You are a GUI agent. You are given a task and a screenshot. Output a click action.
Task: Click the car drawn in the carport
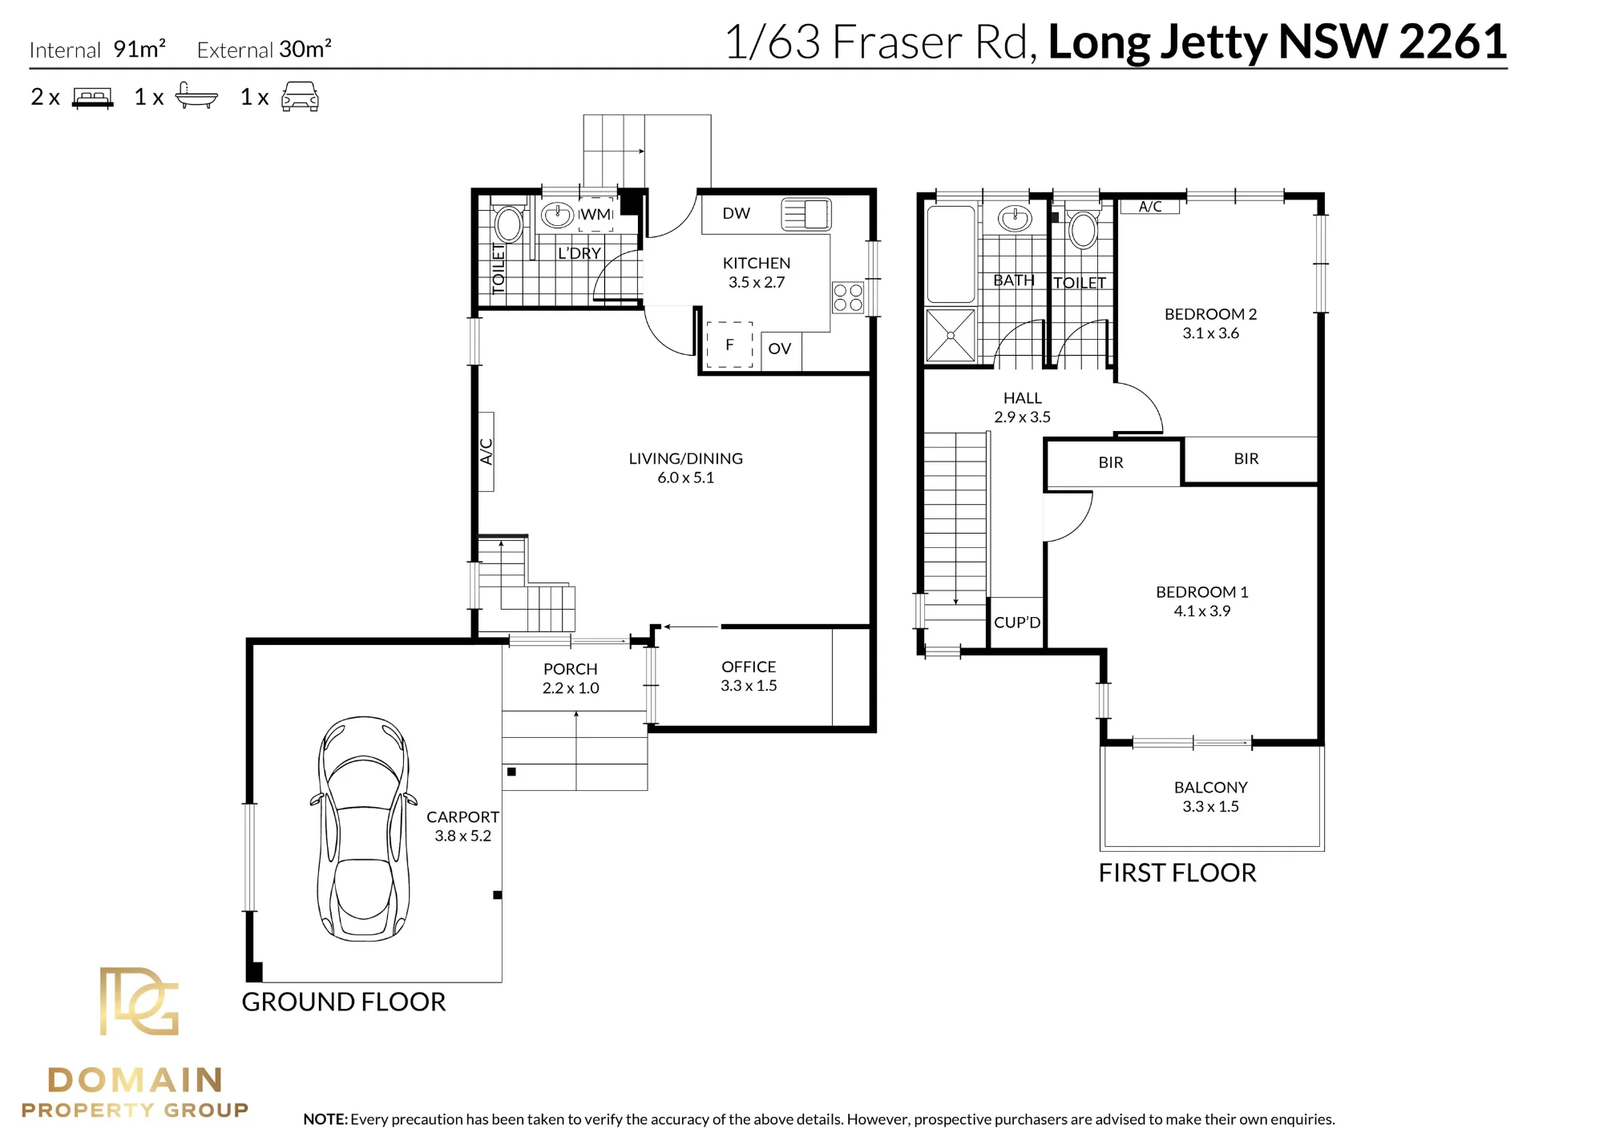364,829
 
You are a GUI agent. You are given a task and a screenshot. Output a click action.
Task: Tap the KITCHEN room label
757,263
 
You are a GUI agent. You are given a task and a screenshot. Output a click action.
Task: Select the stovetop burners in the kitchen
848,297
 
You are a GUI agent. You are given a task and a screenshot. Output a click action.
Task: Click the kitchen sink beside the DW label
806,214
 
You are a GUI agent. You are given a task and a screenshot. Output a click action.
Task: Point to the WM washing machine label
596,214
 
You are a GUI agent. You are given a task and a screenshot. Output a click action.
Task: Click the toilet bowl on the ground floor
508,224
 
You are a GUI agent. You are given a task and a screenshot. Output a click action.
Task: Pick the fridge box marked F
729,345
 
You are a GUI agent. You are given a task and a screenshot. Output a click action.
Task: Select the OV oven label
780,349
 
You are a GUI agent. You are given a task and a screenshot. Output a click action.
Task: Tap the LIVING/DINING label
686,458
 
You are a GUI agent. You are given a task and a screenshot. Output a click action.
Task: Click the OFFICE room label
749,667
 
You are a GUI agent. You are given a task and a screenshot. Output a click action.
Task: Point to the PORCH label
571,669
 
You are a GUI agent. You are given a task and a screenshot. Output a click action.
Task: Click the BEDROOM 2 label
1211,314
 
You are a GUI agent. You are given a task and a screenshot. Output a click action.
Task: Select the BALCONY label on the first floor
1211,788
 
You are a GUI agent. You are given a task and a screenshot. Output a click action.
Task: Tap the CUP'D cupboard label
1017,623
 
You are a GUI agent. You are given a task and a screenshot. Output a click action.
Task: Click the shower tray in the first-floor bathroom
951,335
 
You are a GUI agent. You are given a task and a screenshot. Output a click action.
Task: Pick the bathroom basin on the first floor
1015,217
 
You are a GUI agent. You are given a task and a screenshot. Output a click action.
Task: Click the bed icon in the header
93,98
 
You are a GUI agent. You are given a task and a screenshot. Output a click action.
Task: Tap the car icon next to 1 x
301,96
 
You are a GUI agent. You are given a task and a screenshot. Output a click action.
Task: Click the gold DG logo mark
139,1001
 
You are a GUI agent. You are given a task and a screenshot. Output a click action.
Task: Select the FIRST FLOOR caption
1177,873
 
